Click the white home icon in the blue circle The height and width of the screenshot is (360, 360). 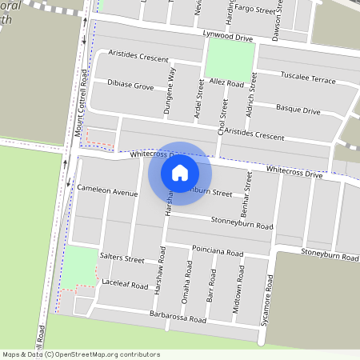(x=180, y=172)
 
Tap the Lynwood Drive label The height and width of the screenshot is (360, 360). (x=227, y=38)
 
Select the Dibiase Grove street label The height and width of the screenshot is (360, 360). (x=130, y=85)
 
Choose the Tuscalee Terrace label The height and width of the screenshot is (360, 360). (x=308, y=78)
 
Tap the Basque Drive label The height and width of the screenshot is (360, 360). (x=298, y=109)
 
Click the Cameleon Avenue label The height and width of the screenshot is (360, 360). (x=107, y=193)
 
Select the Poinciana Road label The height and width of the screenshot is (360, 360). (x=218, y=252)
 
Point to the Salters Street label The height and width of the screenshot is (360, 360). (x=122, y=259)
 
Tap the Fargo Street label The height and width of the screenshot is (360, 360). (x=254, y=9)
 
